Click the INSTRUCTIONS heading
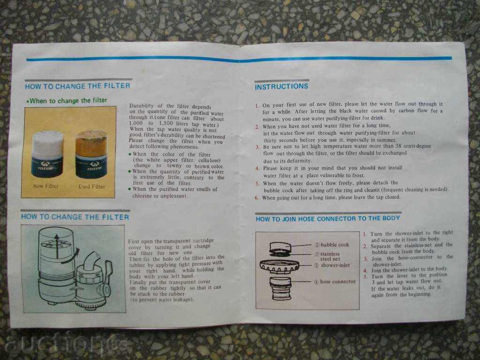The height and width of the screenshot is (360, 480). (281, 86)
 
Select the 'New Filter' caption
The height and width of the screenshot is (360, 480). (45, 186)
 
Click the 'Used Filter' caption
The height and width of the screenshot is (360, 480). (92, 186)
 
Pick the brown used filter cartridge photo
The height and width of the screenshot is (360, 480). (91, 154)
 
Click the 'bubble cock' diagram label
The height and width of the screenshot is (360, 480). (335, 245)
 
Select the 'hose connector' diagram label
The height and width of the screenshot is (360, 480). (337, 281)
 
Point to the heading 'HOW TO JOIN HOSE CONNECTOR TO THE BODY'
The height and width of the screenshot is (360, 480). (328, 218)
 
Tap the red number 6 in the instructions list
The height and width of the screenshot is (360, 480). (256, 198)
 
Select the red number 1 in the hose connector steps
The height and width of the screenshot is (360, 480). (365, 233)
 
